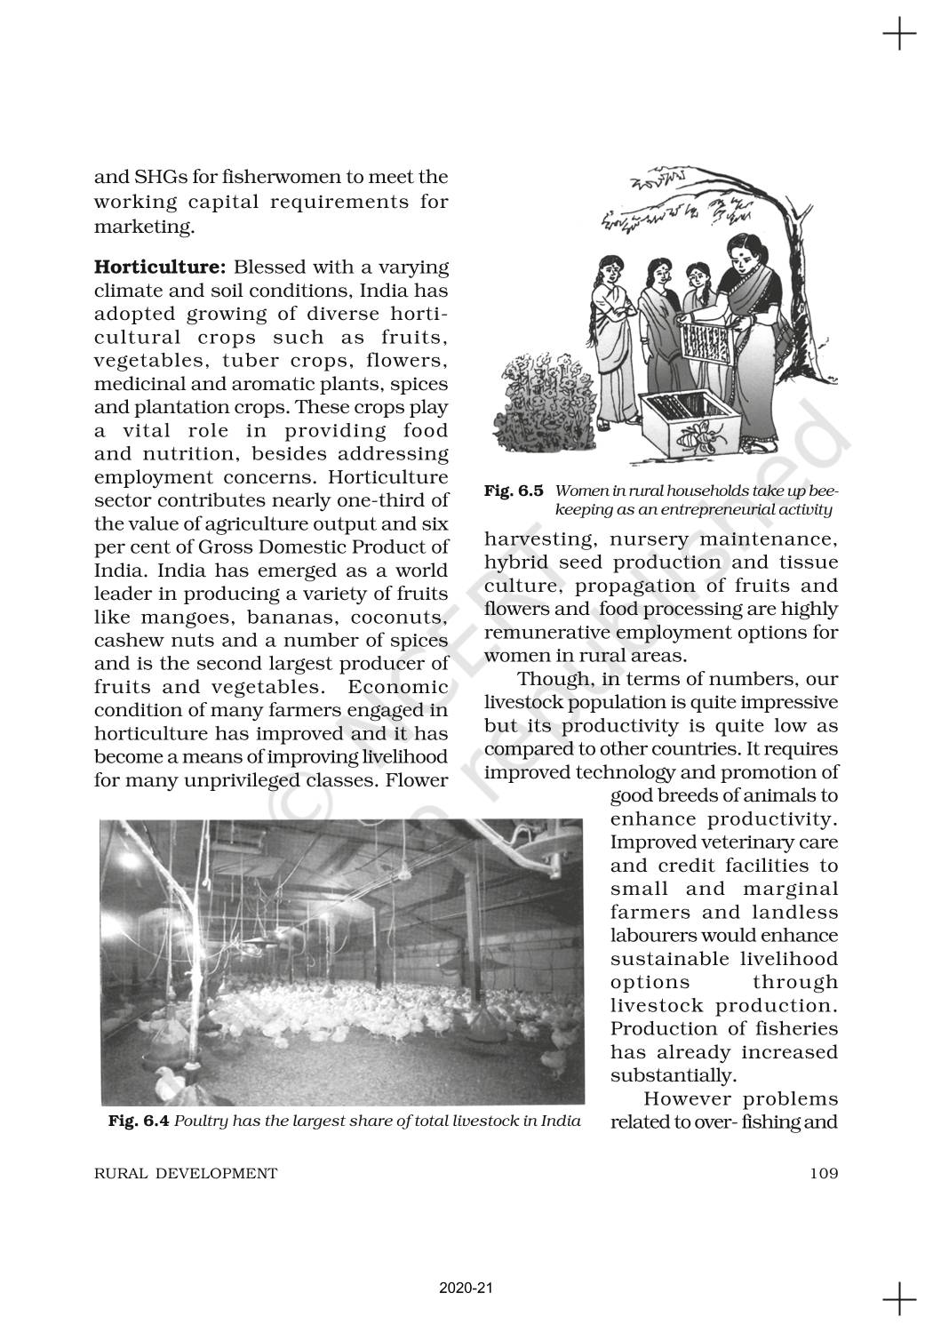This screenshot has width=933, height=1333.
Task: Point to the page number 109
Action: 824,1173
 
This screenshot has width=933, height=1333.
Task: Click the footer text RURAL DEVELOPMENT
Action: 186,1173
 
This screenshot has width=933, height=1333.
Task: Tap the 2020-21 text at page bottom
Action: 466,1288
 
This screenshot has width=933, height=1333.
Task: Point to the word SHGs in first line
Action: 157,178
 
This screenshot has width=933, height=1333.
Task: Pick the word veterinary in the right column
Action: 744,842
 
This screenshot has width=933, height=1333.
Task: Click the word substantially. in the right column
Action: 674,1075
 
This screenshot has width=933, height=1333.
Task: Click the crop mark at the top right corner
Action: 898,36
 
